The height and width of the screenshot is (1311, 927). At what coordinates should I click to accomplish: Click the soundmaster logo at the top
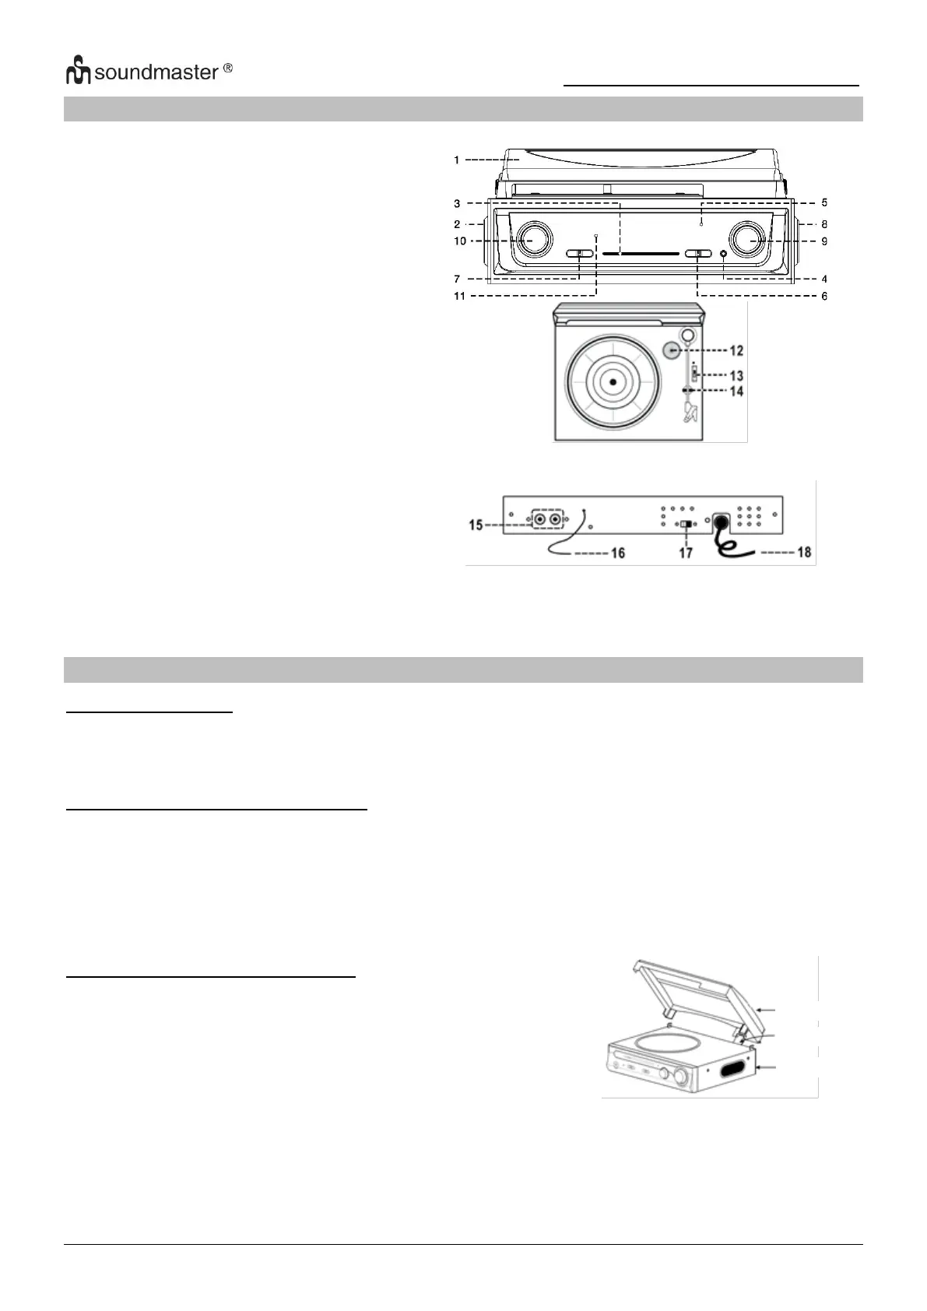tap(148, 72)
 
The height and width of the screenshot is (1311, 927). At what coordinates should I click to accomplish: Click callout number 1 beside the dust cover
tap(457, 160)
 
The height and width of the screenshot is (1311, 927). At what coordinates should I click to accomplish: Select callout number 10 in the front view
tap(460, 241)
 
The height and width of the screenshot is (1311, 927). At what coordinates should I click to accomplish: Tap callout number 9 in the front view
tap(824, 241)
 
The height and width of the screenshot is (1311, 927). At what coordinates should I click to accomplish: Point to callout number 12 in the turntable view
tap(736, 350)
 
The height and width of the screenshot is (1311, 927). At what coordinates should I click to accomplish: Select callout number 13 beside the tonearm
tap(736, 375)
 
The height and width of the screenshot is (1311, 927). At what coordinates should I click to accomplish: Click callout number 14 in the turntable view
tap(736, 391)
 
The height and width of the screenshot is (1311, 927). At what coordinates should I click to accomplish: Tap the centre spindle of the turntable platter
tap(613, 381)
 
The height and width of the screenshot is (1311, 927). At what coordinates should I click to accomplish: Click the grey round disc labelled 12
tap(672, 351)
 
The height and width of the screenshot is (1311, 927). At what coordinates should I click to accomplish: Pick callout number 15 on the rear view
tap(476, 525)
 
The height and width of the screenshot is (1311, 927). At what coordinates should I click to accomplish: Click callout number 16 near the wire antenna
tap(617, 553)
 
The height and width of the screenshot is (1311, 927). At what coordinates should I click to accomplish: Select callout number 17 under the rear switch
tap(685, 553)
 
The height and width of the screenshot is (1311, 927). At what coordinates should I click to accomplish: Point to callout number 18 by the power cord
tap(804, 552)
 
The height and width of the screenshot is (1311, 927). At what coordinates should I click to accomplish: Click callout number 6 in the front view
tap(824, 296)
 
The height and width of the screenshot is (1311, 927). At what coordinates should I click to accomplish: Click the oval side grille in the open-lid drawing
tap(732, 1070)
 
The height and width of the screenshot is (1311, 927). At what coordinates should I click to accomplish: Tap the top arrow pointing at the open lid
tap(767, 1009)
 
